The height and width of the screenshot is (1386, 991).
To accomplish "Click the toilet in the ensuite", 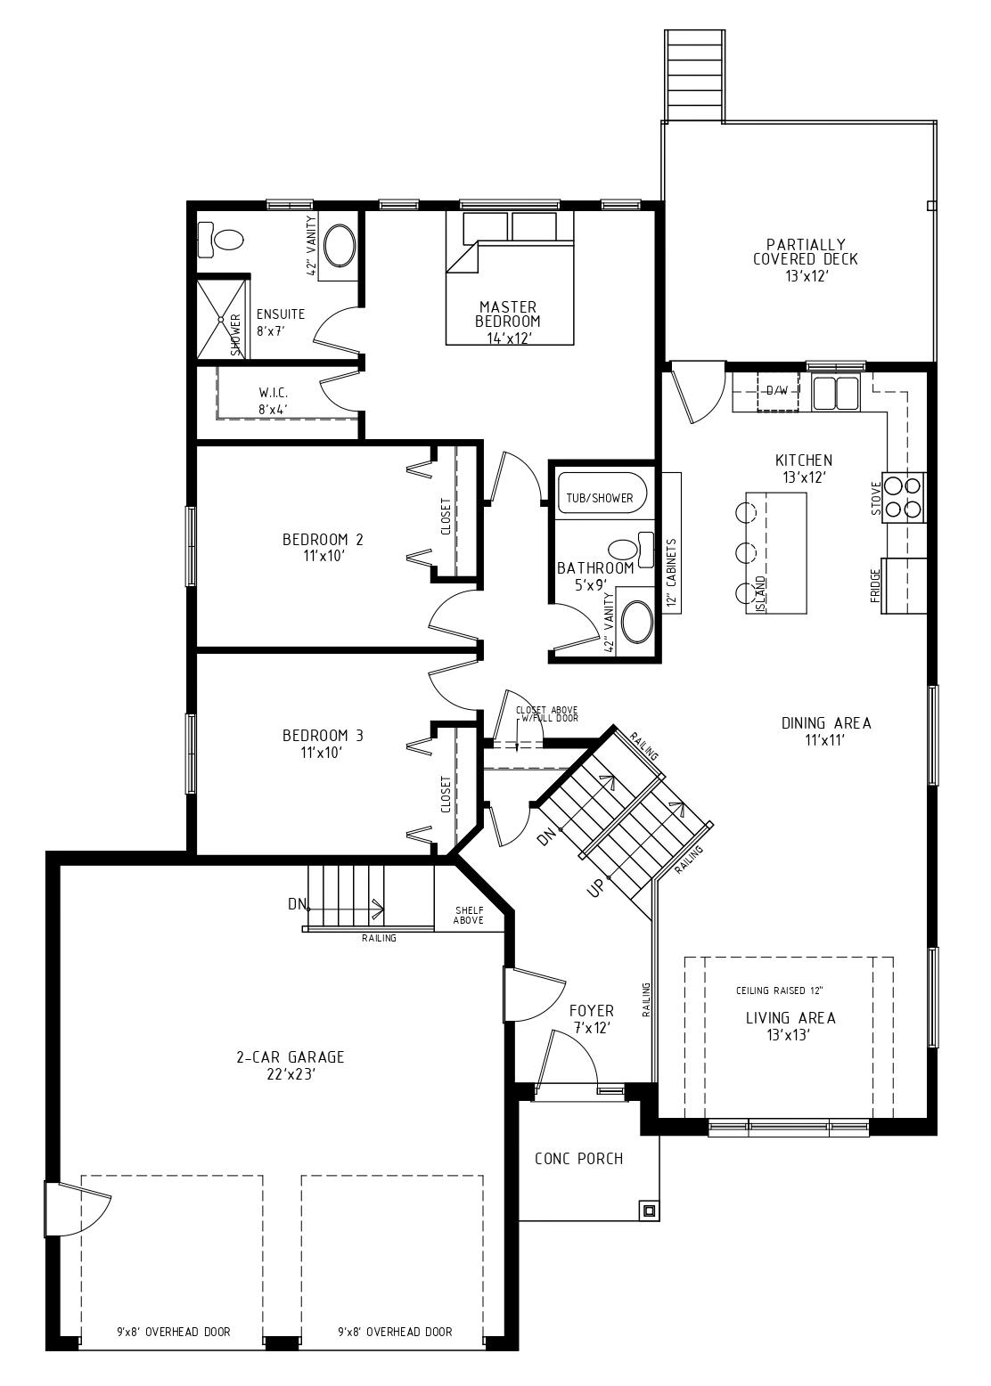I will [x=223, y=240].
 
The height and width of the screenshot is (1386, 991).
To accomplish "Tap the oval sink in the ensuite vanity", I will [x=339, y=247].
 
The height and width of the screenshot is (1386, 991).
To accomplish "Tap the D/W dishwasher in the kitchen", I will [x=777, y=391].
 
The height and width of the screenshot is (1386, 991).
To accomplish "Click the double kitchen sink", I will [x=835, y=392].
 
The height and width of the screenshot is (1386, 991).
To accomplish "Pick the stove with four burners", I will [x=904, y=497].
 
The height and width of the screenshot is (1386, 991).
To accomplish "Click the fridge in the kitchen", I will [x=904, y=585].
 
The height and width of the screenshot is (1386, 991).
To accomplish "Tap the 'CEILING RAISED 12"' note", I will [x=779, y=991].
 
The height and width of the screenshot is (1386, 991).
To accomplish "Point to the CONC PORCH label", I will [x=578, y=1159].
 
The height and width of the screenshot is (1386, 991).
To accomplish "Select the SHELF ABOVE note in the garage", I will [x=469, y=915].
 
